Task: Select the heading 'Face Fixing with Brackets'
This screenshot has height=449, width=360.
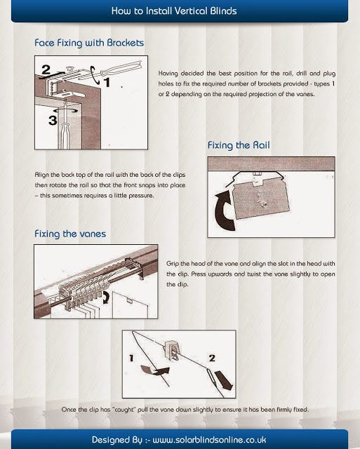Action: (x=89, y=43)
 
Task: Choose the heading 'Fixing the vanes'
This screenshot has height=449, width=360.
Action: (x=70, y=234)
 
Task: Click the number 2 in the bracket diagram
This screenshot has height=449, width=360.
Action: (x=46, y=69)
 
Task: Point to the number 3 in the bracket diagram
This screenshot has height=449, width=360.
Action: (x=52, y=120)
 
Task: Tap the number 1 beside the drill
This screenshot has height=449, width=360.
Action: (x=107, y=81)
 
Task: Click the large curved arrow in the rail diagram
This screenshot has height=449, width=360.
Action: (x=225, y=212)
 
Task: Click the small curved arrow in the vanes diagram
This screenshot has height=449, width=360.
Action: (x=106, y=297)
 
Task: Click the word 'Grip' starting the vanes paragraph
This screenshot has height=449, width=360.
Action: (x=173, y=262)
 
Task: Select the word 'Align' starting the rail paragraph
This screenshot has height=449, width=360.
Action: (x=41, y=173)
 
